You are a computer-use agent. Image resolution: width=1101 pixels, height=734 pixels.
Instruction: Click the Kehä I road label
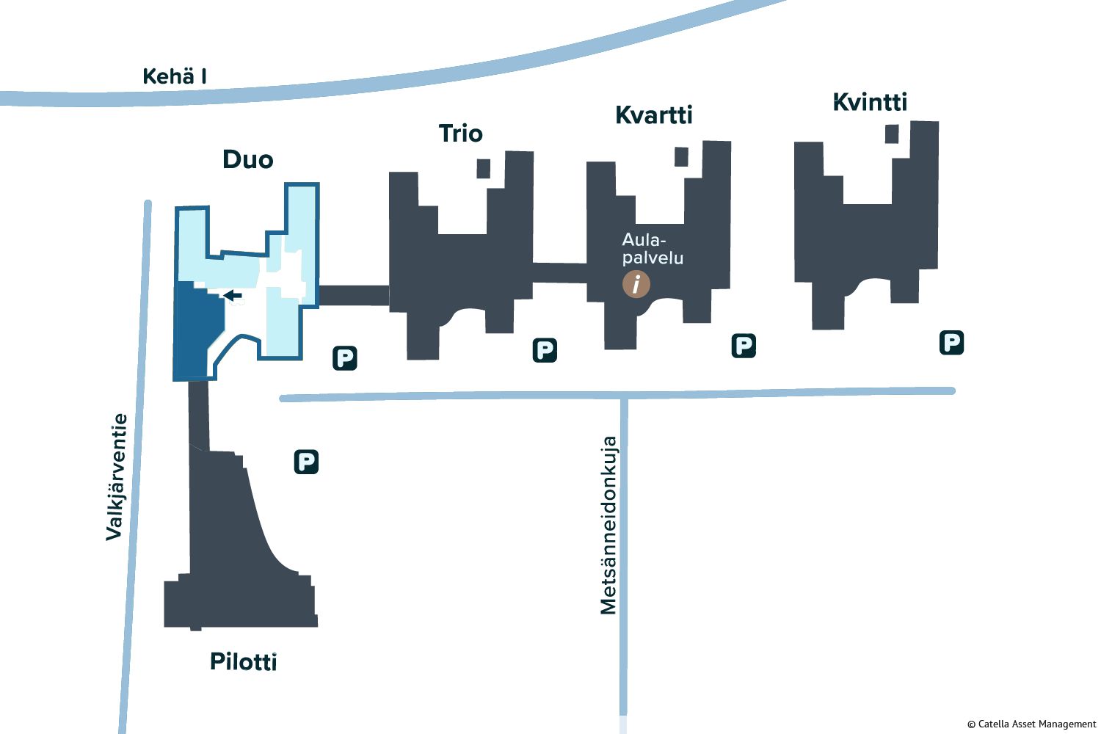click(x=175, y=76)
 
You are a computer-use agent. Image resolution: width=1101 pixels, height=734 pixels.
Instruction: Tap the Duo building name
click(x=248, y=159)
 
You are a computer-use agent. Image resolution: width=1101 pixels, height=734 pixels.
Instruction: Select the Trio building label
click(x=460, y=134)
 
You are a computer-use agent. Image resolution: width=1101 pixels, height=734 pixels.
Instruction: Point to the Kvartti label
click(x=654, y=115)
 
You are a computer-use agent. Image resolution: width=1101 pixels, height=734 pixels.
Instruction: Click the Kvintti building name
click(x=870, y=102)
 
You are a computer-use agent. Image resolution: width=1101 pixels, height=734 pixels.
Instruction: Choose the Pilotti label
click(x=243, y=661)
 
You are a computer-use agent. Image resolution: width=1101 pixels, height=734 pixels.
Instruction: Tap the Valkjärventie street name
click(x=117, y=477)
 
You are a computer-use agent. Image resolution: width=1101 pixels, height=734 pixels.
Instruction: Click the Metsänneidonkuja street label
click(x=608, y=525)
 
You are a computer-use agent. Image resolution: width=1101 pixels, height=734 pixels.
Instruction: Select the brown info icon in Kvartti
click(x=636, y=284)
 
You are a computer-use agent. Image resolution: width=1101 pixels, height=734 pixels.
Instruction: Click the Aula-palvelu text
click(x=653, y=249)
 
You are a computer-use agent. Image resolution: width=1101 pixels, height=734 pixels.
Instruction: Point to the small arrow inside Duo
click(x=233, y=295)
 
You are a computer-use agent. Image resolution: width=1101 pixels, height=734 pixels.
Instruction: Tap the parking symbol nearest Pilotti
click(x=306, y=462)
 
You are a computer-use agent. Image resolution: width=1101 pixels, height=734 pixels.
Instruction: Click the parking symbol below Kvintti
click(x=951, y=343)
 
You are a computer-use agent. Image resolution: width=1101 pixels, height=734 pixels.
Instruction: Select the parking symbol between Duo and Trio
click(x=344, y=358)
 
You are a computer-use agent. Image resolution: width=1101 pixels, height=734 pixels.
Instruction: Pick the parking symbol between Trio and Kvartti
click(x=545, y=350)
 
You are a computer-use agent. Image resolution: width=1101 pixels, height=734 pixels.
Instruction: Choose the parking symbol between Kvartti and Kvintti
click(x=744, y=346)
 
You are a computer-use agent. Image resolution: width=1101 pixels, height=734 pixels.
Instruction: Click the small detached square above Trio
click(x=483, y=169)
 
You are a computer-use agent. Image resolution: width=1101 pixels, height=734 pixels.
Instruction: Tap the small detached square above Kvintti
click(x=892, y=134)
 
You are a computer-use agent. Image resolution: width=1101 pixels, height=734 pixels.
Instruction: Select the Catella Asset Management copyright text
click(x=1031, y=724)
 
